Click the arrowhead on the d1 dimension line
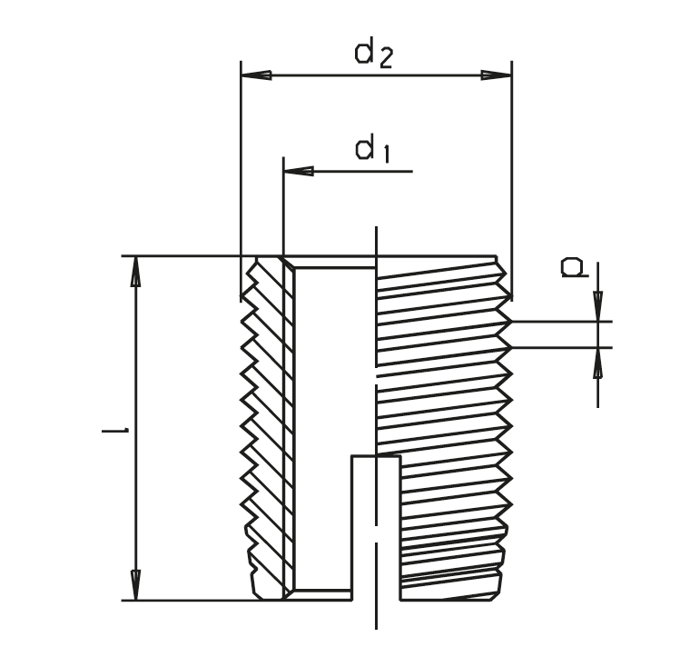click(x=297, y=170)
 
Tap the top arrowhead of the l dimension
click(x=136, y=270)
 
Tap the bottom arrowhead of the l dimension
click(x=136, y=585)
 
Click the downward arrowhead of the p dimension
click(x=597, y=309)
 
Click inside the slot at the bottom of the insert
click(x=375, y=527)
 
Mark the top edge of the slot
click(x=375, y=457)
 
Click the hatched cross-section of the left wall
click(x=269, y=427)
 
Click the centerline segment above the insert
click(x=376, y=240)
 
